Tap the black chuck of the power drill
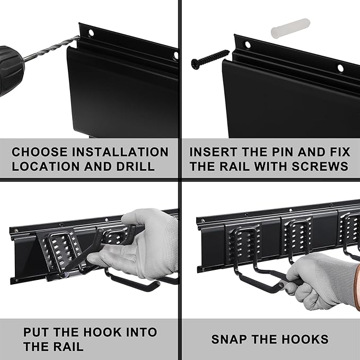(11, 69)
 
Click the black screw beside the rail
(210, 58)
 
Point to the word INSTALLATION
(120, 152)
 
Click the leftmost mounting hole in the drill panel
(91, 32)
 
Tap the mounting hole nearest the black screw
(248, 45)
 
